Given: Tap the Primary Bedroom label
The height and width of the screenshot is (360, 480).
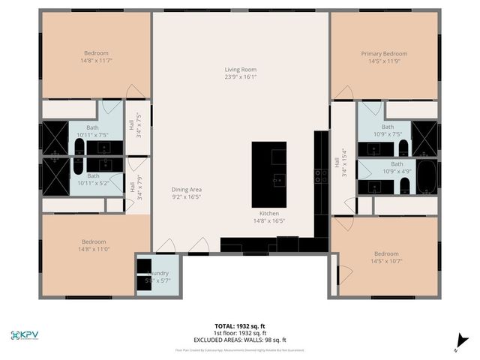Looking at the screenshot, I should [384, 54].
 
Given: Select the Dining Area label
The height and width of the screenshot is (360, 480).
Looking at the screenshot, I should [187, 190].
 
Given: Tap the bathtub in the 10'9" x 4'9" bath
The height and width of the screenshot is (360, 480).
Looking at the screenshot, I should [425, 177].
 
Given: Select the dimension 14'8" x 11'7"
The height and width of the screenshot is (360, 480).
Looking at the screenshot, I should [96, 62].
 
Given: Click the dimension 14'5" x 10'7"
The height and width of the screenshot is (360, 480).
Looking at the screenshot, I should [386, 262].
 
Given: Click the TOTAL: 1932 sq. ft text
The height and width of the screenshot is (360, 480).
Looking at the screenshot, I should [239, 326].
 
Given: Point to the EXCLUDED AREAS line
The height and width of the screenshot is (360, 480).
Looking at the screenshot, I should [239, 339].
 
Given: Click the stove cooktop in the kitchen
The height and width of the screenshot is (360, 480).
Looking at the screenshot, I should [320, 175].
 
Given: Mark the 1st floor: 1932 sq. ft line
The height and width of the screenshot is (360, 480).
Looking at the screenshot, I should [239, 333].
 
